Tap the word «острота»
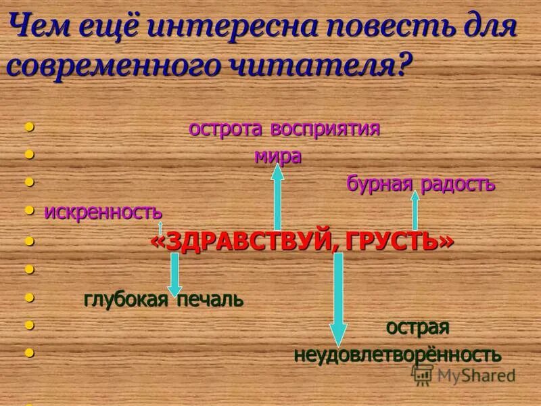(x=227, y=129)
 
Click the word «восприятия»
(x=325, y=129)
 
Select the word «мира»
(x=277, y=156)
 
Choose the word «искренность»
(x=103, y=212)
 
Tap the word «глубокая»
(x=126, y=299)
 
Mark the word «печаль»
(x=210, y=299)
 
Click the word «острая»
(x=417, y=328)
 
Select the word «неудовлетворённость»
(x=397, y=355)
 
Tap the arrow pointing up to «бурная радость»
(x=415, y=210)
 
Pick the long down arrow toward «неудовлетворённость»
(x=338, y=298)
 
